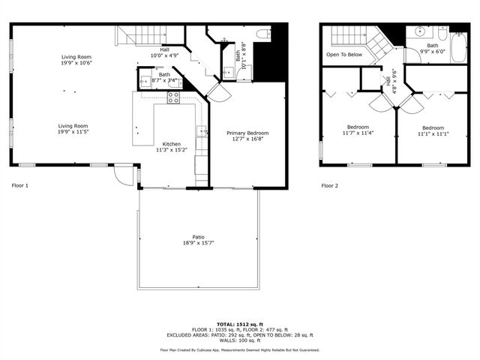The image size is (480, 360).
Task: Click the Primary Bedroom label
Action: click(x=247, y=133)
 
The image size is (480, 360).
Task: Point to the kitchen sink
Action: click(x=202, y=133)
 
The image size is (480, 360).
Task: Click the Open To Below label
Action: click(x=344, y=55)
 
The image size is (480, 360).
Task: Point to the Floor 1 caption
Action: click(x=20, y=184)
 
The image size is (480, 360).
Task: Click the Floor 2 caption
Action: click(x=330, y=185)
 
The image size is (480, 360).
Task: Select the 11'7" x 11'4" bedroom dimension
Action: click(x=358, y=133)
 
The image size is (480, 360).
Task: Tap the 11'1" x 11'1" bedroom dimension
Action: click(x=433, y=134)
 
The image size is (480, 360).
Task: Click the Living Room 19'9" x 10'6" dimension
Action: click(x=76, y=63)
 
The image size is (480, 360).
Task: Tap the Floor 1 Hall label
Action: click(x=164, y=49)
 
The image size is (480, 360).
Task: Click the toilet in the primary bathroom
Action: click(x=262, y=34)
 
